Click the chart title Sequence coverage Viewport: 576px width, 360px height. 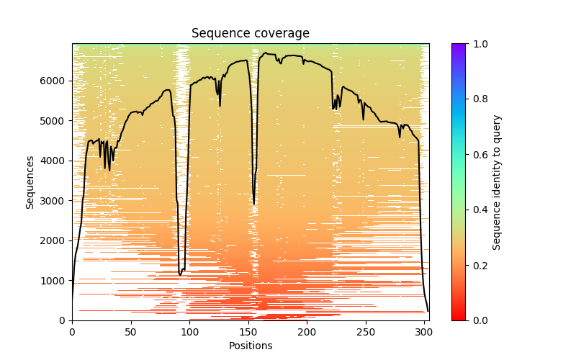[x=251, y=34]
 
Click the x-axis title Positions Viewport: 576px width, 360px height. [x=251, y=346]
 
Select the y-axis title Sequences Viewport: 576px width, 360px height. [x=30, y=181]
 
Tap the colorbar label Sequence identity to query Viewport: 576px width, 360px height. [x=497, y=181]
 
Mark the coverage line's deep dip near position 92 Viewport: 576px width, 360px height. [x=180, y=274]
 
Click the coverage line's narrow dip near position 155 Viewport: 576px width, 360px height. [x=254, y=204]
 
